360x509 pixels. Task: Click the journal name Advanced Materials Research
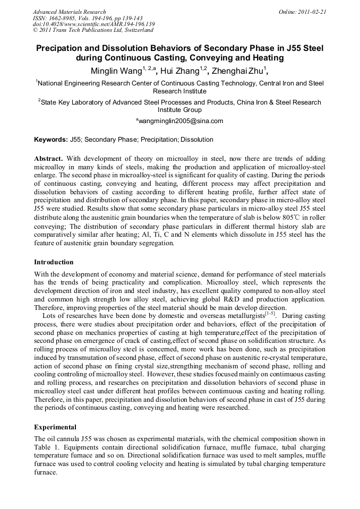(x=69, y=12)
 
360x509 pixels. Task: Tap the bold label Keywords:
(x=50, y=140)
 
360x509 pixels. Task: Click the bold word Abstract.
(x=48, y=159)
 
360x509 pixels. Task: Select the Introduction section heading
(x=54, y=262)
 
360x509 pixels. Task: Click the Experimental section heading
(x=55, y=427)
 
